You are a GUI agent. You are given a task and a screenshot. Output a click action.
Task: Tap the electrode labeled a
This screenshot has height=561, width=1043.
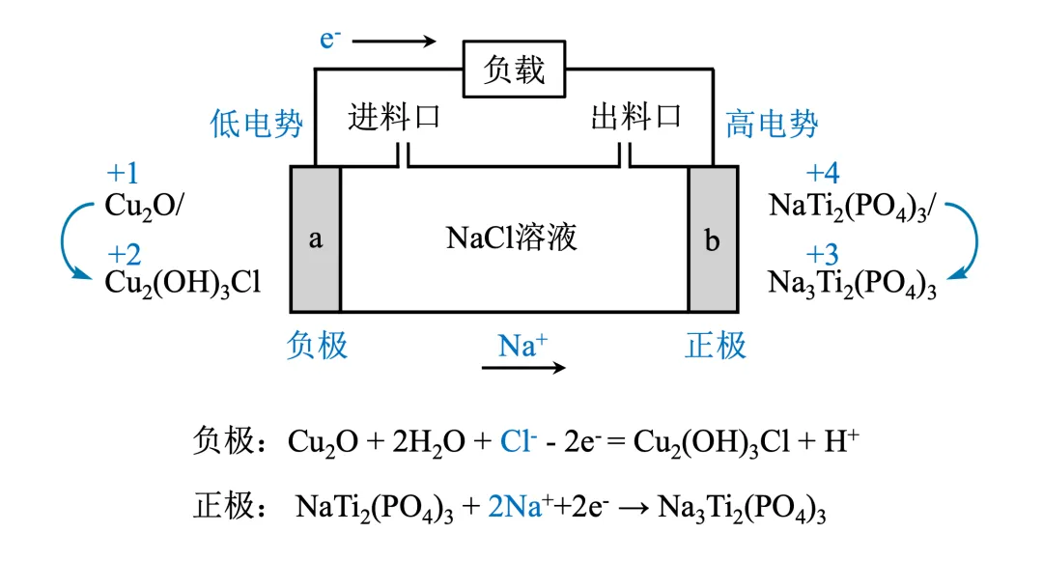click(x=316, y=239)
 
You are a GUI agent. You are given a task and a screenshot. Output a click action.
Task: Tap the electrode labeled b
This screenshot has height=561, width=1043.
click(x=713, y=239)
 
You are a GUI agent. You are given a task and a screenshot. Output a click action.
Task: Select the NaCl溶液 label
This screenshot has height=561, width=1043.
click(x=512, y=237)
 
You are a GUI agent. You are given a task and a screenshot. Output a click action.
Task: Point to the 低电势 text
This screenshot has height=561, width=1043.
click(x=257, y=124)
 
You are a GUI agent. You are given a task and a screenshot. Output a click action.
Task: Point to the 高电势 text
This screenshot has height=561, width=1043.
click(x=772, y=124)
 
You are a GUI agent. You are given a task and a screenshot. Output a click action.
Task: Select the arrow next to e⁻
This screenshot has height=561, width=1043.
click(x=401, y=42)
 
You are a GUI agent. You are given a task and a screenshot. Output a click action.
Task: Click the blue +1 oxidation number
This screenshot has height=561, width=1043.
click(x=123, y=174)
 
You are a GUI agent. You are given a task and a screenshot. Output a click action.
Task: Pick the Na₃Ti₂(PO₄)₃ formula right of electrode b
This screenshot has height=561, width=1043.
click(x=853, y=284)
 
